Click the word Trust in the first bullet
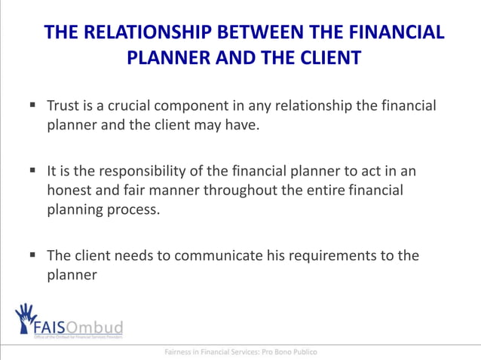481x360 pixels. (x=64, y=105)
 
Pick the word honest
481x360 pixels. (x=69, y=190)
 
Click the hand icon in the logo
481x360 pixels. (x=26, y=316)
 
